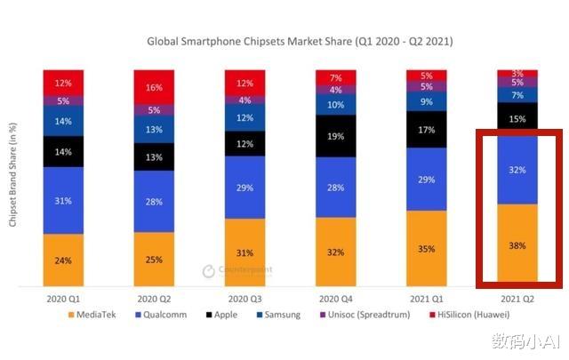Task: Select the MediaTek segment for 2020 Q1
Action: coord(64,260)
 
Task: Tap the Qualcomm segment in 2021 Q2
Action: coord(517,170)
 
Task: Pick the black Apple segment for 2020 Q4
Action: coord(336,135)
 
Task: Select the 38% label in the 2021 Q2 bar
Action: coord(517,244)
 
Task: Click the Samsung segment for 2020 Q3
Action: coord(245,117)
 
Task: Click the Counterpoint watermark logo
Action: coord(236,269)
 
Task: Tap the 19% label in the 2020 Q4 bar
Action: coord(336,137)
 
